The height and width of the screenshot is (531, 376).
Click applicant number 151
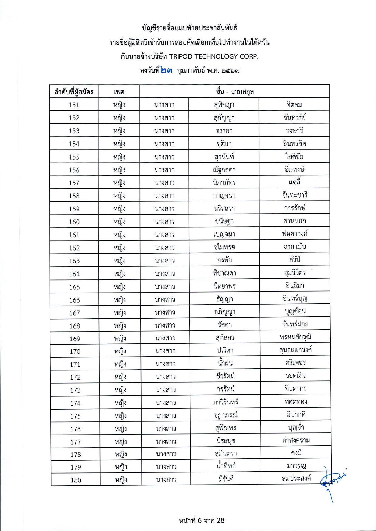pyautogui.click(x=74, y=105)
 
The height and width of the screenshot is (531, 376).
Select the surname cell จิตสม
pyautogui.click(x=294, y=105)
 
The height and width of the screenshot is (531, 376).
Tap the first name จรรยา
pyautogui.click(x=224, y=131)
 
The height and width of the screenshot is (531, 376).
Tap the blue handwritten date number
pyautogui.click(x=166, y=71)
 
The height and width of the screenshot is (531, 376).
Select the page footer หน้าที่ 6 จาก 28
pyautogui.click(x=201, y=520)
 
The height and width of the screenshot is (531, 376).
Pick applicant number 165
pyautogui.click(x=74, y=287)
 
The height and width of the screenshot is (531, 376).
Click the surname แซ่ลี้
pyautogui.click(x=294, y=182)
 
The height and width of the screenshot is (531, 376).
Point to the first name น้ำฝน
pyautogui.click(x=225, y=363)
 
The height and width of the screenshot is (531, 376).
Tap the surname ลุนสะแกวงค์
pyautogui.click(x=295, y=350)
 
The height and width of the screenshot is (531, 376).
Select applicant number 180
pyautogui.click(x=76, y=480)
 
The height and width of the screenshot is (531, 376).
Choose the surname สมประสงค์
pyautogui.click(x=296, y=479)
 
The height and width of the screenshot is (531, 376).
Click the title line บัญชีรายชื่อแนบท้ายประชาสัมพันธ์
pyautogui.click(x=190, y=28)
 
